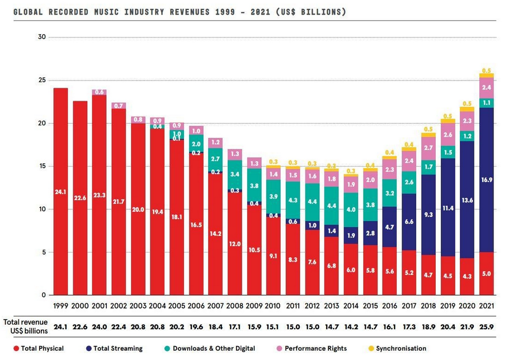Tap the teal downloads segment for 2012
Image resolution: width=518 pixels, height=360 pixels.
(x=313, y=201)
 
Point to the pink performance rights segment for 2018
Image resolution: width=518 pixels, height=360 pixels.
(x=428, y=148)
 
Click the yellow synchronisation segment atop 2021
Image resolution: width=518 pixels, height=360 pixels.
(x=486, y=75)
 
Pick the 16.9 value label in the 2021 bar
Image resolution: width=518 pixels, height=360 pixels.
(x=487, y=181)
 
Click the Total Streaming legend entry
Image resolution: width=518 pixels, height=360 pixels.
(x=117, y=349)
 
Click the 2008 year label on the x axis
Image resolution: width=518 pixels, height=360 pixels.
(x=234, y=306)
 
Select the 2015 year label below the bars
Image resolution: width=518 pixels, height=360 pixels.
(x=370, y=306)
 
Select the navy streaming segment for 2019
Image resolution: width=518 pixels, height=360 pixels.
(x=448, y=207)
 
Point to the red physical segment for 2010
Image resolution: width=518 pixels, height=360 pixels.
(x=274, y=256)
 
